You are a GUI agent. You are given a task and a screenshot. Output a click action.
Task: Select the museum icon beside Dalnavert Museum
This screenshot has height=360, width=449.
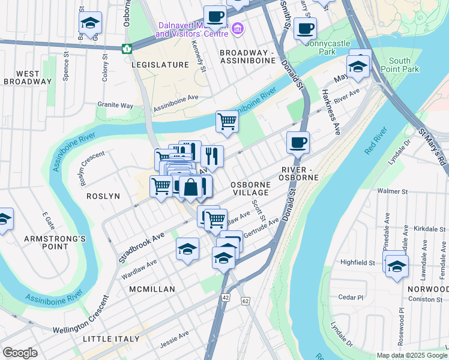pyautogui.click(x=238, y=29)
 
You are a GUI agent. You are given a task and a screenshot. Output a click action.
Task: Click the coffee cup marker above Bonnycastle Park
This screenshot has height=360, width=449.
pyautogui.click(x=305, y=28)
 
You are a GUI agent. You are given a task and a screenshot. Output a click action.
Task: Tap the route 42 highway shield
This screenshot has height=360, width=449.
pyautogui.click(x=226, y=297)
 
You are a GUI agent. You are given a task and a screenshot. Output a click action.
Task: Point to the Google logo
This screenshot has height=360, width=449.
pyautogui.click(x=20, y=353)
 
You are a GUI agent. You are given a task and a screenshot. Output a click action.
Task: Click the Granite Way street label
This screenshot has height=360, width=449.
pyautogui.click(x=115, y=105)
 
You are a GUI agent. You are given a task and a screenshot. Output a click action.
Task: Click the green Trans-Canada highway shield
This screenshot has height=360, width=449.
pyautogui.click(x=127, y=49)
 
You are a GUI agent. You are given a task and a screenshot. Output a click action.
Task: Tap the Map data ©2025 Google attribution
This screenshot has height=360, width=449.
pyautogui.click(x=411, y=355)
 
